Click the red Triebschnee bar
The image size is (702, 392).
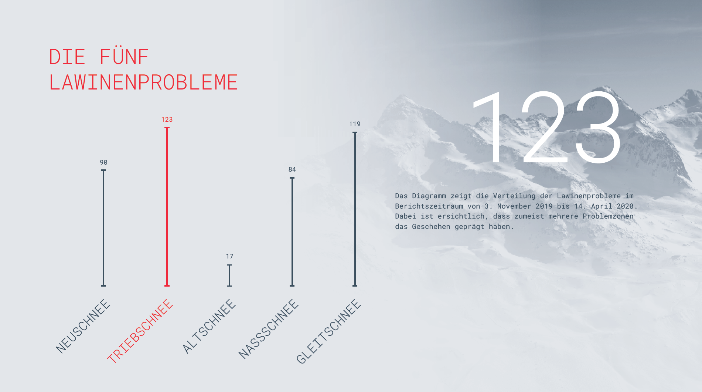click(x=167, y=207)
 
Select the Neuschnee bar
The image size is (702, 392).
click(x=104, y=228)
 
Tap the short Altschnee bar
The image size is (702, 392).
click(x=229, y=276)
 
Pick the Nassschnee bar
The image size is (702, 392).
click(x=292, y=232)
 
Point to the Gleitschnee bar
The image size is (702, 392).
click(x=355, y=209)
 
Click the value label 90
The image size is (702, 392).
click(x=104, y=162)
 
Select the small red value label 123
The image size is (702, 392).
click(x=167, y=119)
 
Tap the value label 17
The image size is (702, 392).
click(x=229, y=256)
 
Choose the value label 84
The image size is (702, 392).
click(x=292, y=169)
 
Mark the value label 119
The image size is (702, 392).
click(x=355, y=124)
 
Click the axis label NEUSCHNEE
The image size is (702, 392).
click(x=83, y=326)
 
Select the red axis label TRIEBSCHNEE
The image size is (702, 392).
click(x=140, y=331)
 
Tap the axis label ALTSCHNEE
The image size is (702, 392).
click(x=209, y=326)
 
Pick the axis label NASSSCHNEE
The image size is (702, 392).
click(x=269, y=329)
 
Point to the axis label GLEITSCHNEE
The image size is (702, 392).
click(x=328, y=331)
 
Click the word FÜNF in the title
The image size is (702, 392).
click(x=124, y=57)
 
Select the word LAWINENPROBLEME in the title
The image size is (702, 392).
click(x=143, y=82)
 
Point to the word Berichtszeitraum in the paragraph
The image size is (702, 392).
click(x=429, y=206)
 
